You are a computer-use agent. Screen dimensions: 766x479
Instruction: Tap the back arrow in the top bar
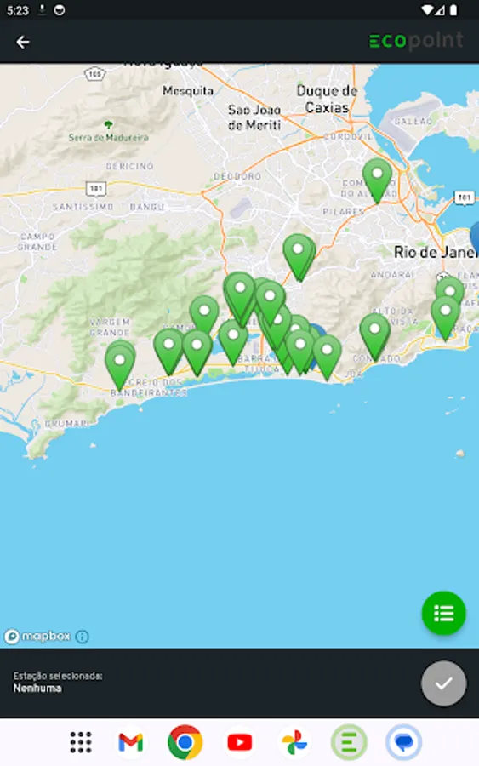(23, 42)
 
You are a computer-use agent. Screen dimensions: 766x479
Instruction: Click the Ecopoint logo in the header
(416, 41)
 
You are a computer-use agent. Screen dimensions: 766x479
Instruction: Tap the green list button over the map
(443, 613)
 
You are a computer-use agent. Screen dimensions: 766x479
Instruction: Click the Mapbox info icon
(82, 636)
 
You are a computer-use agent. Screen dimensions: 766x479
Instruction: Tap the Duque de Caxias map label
(328, 100)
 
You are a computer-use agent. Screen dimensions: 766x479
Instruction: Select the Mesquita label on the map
(187, 90)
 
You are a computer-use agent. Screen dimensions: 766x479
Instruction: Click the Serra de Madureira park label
(109, 136)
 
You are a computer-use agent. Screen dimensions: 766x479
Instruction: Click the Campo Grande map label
(37, 242)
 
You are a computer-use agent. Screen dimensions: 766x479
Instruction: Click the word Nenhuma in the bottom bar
(37, 688)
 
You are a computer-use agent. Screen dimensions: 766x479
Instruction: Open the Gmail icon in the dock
(131, 742)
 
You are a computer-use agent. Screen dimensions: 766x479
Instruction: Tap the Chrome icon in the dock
(185, 742)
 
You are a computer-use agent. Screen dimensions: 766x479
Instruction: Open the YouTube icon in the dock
(240, 742)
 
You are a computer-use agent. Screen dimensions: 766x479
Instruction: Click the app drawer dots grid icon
(81, 742)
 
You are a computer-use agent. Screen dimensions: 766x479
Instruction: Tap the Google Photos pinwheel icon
(294, 742)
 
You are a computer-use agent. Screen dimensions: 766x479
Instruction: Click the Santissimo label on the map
(83, 207)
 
